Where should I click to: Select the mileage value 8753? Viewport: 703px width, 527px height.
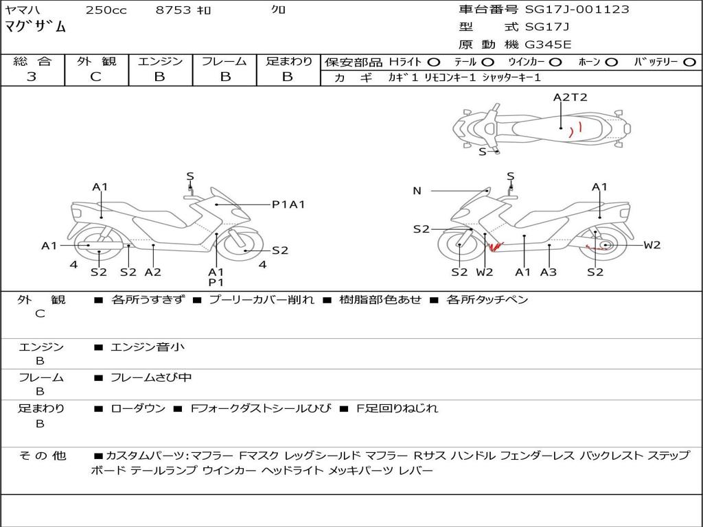[174, 10]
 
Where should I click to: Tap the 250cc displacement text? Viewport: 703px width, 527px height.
[106, 10]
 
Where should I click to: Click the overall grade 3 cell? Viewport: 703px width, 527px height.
[32, 77]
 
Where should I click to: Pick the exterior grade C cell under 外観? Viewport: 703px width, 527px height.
[96, 77]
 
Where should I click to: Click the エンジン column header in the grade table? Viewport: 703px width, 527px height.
[160, 61]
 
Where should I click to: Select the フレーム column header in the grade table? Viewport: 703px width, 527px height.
[224, 61]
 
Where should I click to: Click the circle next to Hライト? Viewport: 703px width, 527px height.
[433, 62]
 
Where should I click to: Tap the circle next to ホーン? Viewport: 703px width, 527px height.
[611, 62]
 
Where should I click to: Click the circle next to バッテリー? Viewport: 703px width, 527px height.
[689, 62]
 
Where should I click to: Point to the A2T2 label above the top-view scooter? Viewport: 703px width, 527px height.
[571, 97]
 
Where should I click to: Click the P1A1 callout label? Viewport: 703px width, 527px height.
[288, 204]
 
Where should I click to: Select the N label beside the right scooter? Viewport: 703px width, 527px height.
[417, 191]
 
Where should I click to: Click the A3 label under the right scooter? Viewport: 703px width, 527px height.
[548, 272]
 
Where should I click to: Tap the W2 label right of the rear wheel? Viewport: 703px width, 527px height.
[652, 245]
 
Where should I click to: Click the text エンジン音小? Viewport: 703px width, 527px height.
[148, 347]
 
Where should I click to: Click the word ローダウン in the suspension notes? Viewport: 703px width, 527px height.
[138, 408]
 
